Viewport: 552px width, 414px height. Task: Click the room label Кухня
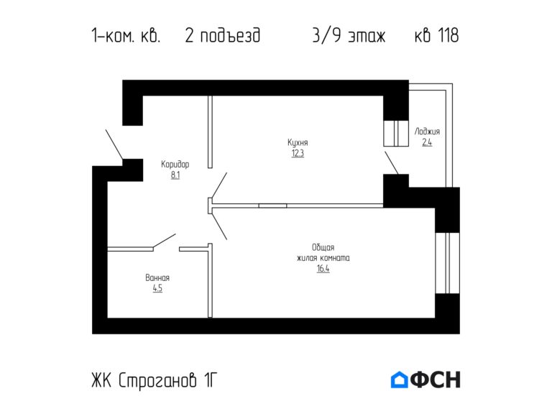click(298, 142)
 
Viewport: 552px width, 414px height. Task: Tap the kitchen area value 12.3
click(298, 153)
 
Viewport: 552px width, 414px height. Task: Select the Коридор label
click(175, 164)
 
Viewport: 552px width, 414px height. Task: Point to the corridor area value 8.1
click(175, 175)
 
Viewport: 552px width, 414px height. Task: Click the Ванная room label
click(157, 277)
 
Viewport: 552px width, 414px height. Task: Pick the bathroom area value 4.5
click(157, 288)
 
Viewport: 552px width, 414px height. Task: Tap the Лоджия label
click(427, 132)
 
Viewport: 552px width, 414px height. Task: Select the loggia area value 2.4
click(427, 142)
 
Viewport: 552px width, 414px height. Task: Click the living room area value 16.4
click(323, 269)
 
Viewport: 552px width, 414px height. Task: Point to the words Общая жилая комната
click(323, 252)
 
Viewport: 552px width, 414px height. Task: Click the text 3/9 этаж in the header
click(349, 36)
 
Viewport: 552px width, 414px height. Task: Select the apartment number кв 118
click(436, 36)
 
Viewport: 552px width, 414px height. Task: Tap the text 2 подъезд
click(222, 36)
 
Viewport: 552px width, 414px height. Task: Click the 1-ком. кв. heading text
click(126, 36)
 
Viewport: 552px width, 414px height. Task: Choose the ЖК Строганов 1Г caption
click(152, 380)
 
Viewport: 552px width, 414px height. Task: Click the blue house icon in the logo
click(399, 379)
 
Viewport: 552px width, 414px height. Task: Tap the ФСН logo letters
click(436, 379)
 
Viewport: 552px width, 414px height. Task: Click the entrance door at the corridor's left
click(114, 146)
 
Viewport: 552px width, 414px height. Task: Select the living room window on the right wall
click(446, 262)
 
